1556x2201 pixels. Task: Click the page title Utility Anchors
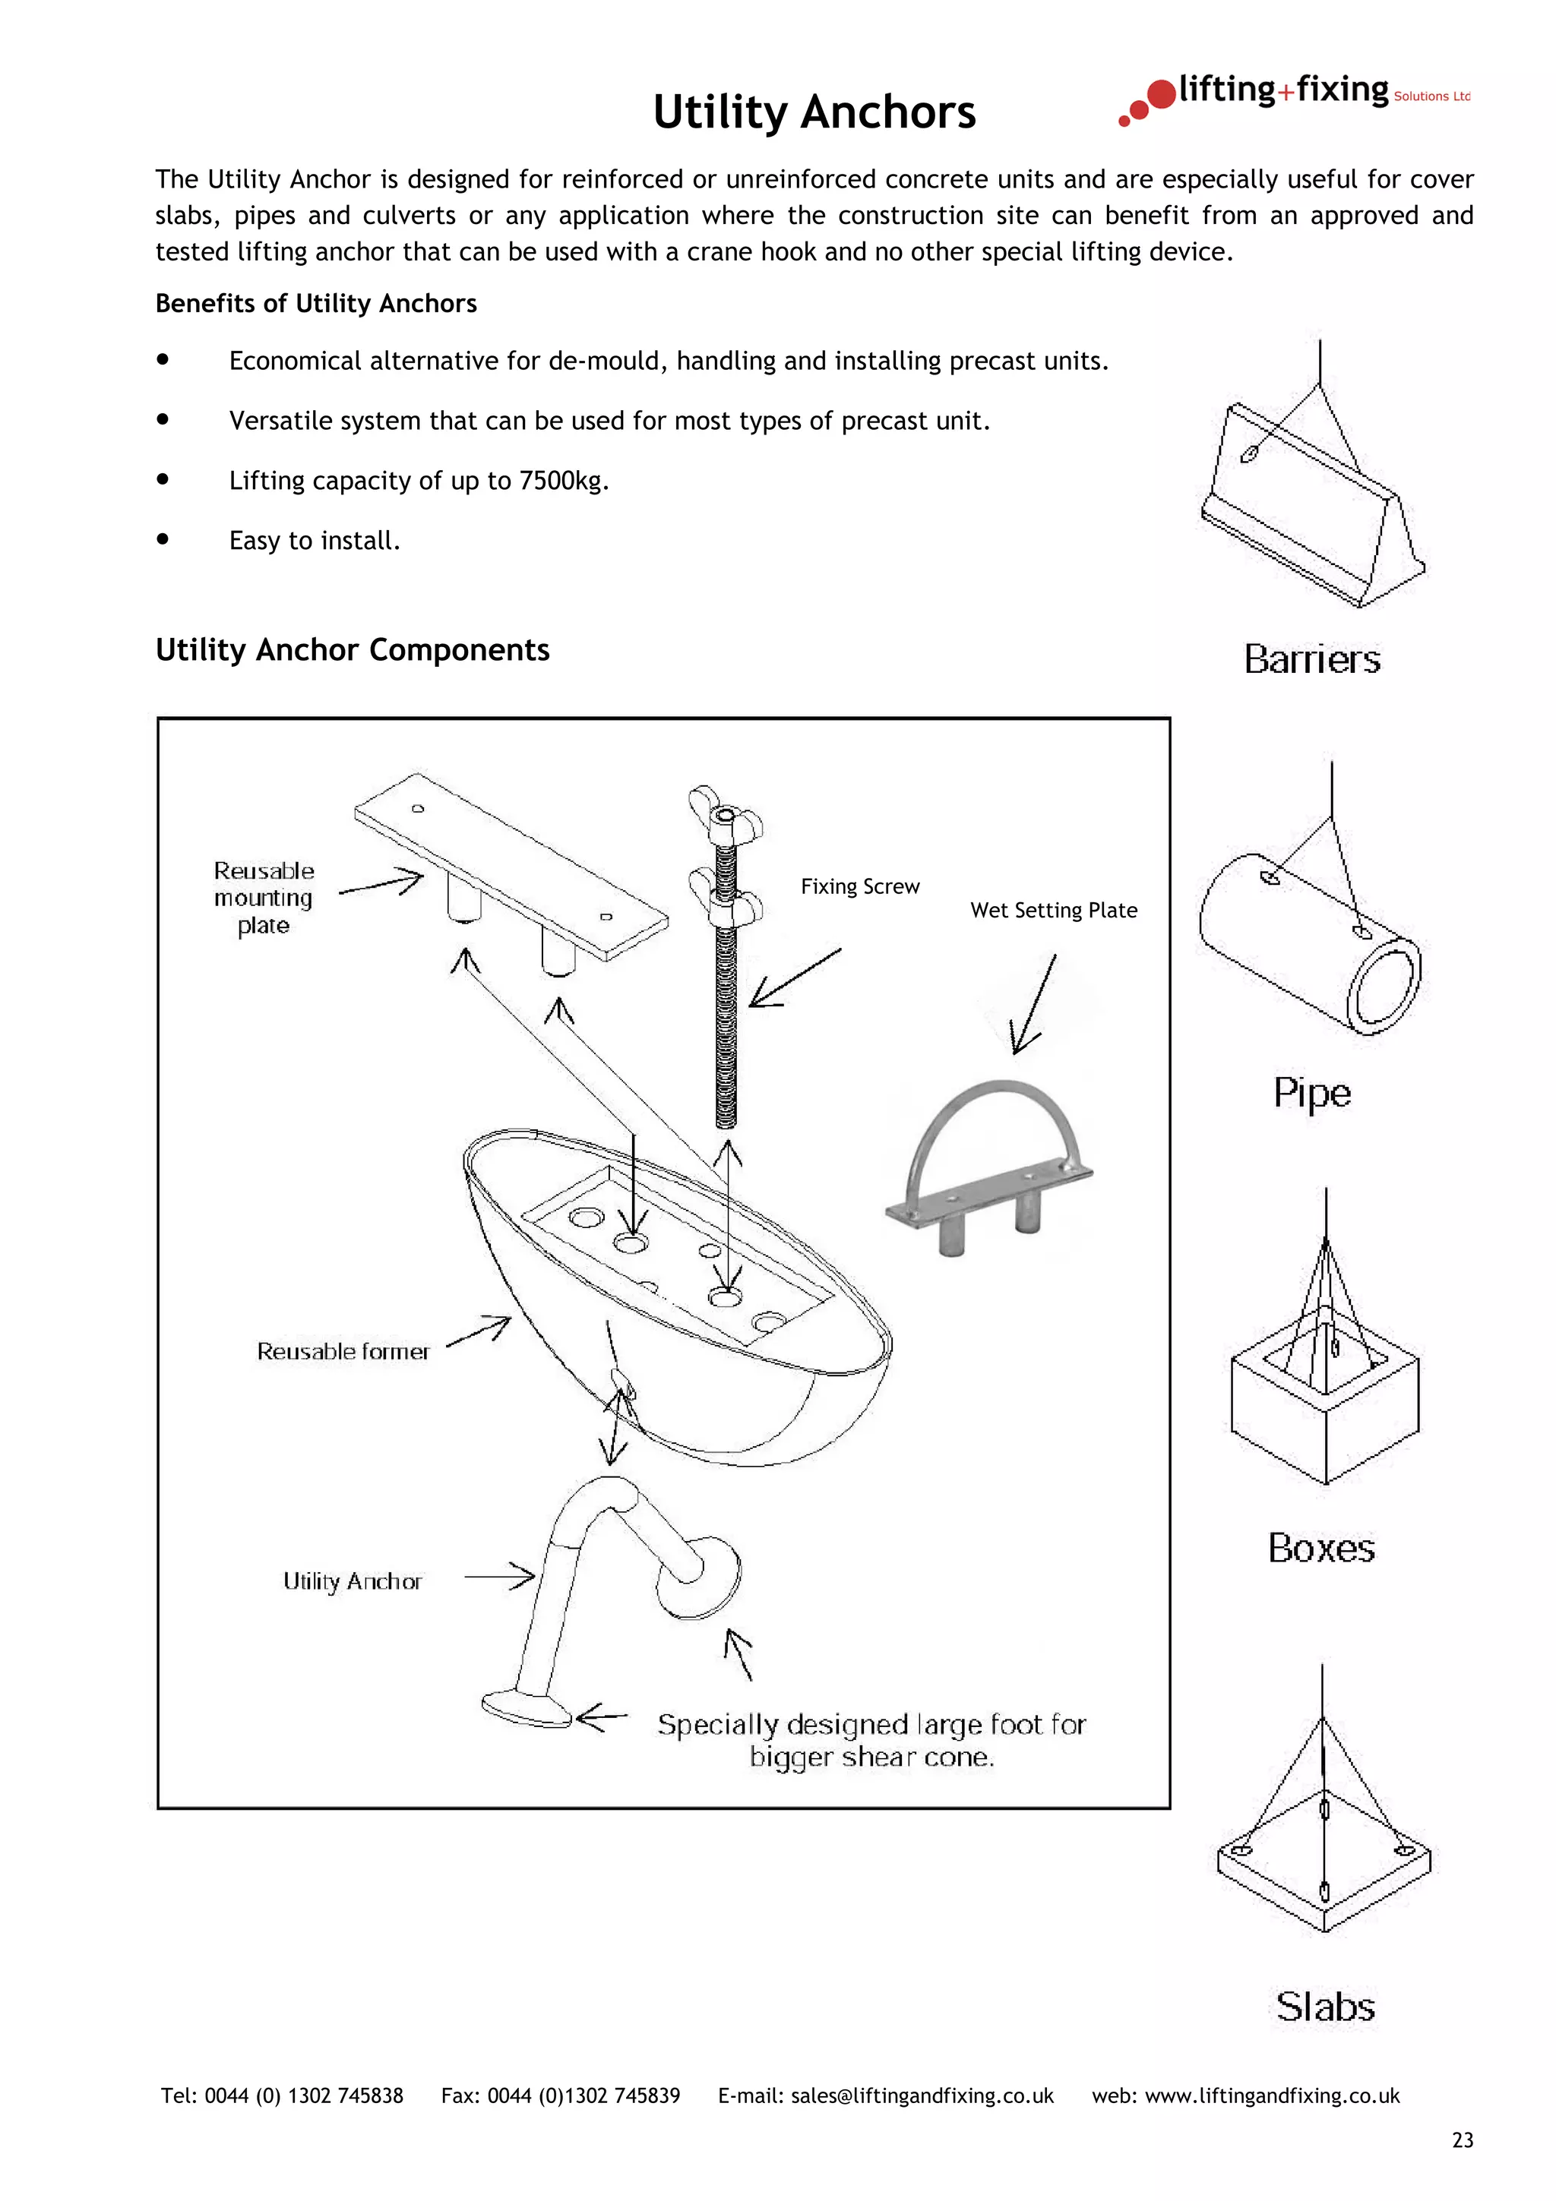coord(814,112)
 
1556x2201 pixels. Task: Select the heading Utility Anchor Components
coord(353,650)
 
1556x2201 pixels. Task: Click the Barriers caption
coord(1311,659)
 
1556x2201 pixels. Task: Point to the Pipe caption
coord(1311,1093)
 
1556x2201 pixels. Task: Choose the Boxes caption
coord(1321,1548)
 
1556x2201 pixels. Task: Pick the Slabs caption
coord(1325,2007)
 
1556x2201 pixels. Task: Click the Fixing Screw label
coord(860,887)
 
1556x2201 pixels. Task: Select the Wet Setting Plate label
coord(1054,910)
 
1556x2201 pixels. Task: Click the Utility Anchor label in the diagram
coord(352,1582)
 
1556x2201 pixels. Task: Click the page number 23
coord(1462,2140)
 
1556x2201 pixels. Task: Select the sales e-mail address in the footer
coord(922,2095)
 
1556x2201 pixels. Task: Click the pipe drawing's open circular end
coord(1384,987)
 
